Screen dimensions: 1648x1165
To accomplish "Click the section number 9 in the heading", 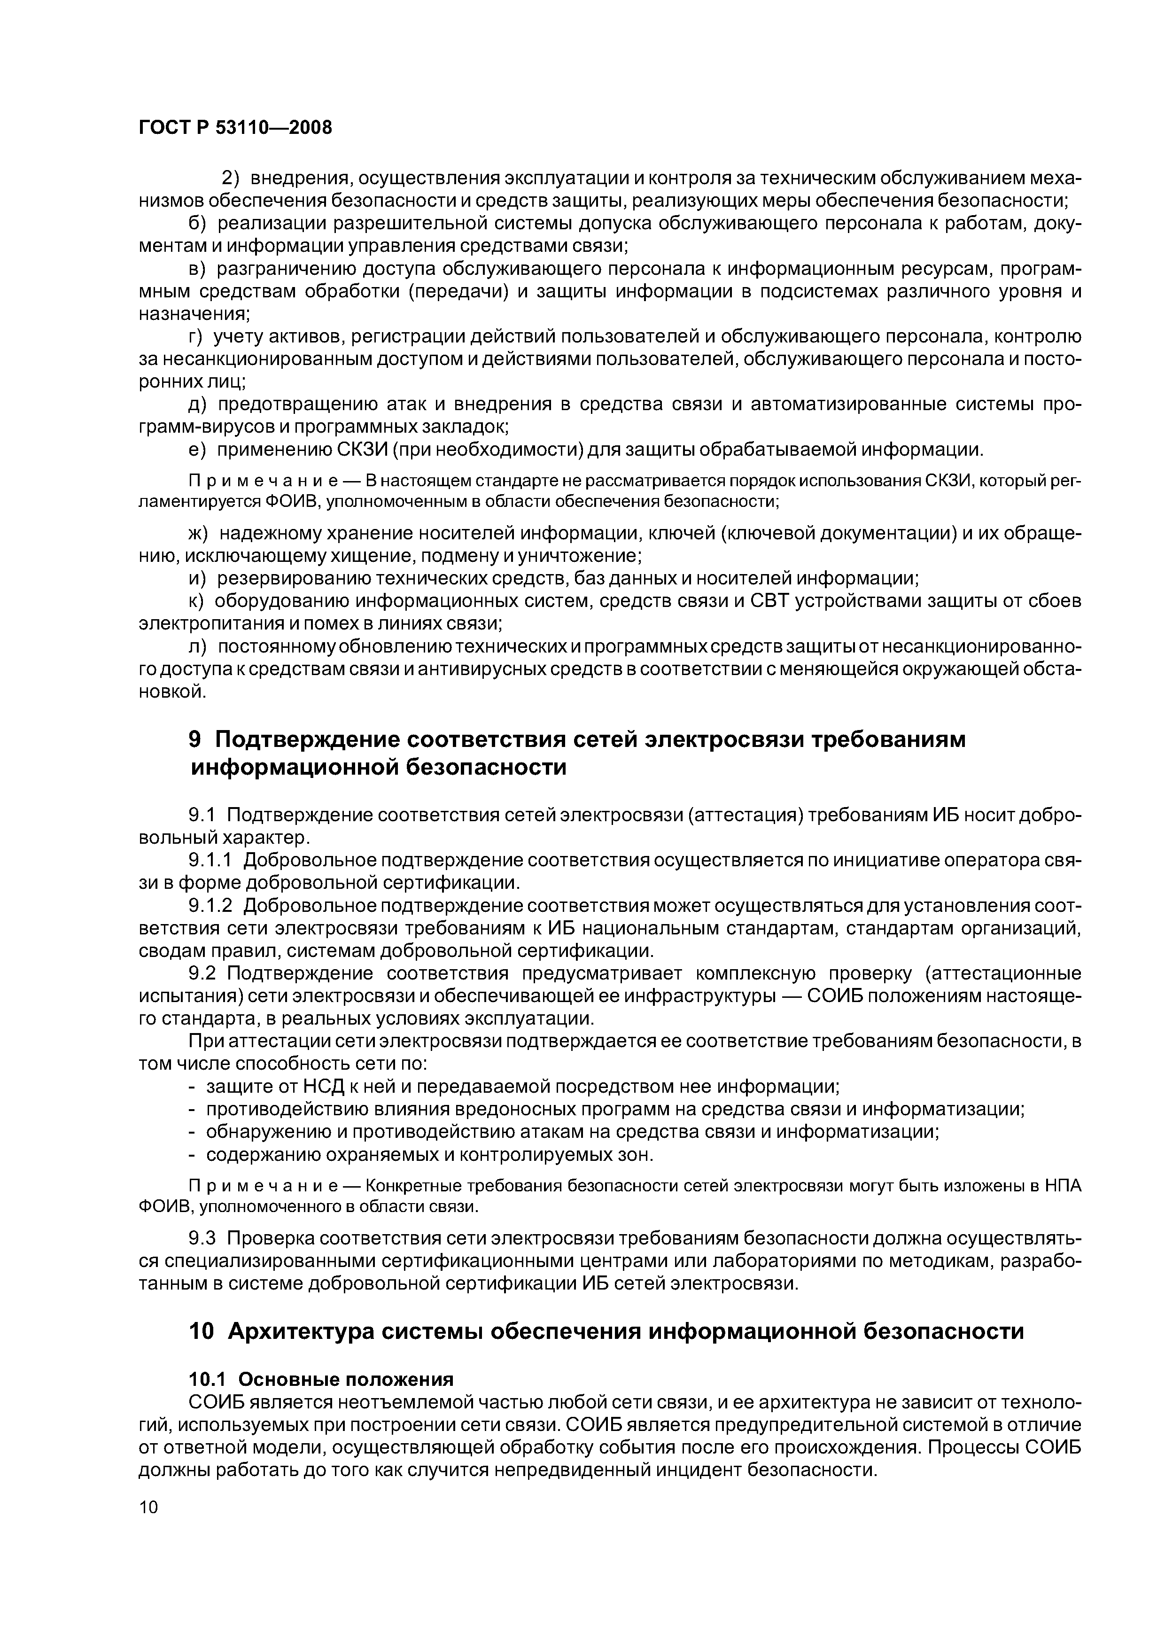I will coord(194,739).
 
